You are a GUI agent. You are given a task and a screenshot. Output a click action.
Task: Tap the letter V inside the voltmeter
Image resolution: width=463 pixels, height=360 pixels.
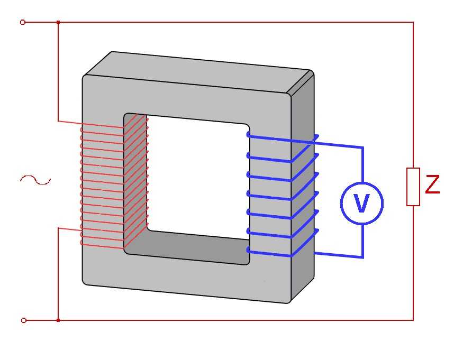(x=362, y=203)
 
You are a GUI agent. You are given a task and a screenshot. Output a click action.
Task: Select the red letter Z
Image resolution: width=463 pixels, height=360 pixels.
(x=432, y=184)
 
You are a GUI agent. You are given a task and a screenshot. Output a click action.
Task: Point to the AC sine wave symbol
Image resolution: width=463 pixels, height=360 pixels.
(x=35, y=180)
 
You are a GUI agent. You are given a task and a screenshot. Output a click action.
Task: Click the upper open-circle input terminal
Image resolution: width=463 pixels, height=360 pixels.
(x=23, y=22)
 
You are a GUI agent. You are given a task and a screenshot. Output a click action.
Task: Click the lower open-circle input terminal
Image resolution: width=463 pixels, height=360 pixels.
(x=24, y=320)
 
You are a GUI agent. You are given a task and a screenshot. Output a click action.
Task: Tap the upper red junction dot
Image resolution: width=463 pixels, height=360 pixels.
(x=58, y=22)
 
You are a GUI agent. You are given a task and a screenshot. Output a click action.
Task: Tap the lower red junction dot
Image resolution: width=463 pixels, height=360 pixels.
(x=58, y=320)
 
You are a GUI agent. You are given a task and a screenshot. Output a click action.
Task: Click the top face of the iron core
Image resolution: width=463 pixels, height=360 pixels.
(x=198, y=72)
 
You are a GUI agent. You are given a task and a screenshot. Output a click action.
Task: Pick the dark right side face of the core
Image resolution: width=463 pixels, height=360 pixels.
(x=303, y=189)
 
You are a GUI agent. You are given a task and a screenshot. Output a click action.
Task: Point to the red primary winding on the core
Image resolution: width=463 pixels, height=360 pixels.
(x=114, y=184)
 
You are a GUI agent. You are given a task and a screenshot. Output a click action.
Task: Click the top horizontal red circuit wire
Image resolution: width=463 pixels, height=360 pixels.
(x=235, y=22)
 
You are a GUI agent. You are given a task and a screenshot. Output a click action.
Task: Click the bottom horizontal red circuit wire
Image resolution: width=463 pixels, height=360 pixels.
(x=235, y=320)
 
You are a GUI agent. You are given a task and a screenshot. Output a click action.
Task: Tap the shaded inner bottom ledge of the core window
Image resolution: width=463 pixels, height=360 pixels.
(x=189, y=246)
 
